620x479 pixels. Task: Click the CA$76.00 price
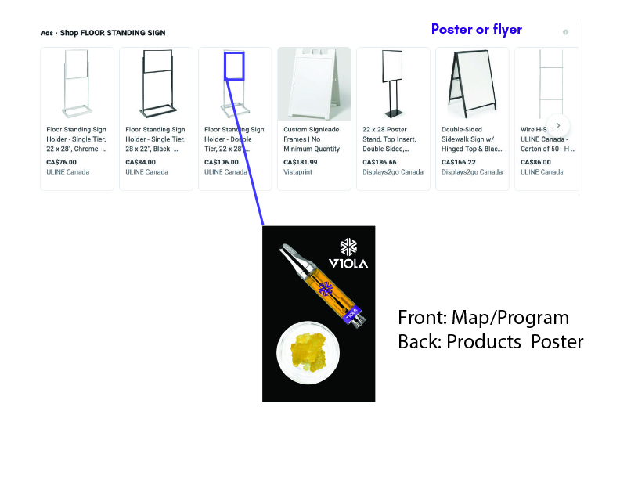(61, 162)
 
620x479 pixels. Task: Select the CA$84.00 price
(140, 162)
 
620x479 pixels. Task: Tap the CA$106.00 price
(222, 162)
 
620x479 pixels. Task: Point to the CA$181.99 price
(301, 162)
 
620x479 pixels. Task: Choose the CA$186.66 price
(380, 162)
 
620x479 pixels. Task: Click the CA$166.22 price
(459, 162)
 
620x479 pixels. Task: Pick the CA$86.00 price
(535, 162)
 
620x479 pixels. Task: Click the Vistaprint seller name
(297, 172)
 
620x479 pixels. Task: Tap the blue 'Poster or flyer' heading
(477, 29)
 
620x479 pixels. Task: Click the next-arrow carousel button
(558, 126)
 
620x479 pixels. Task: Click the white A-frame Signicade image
(315, 84)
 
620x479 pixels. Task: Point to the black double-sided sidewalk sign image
(472, 84)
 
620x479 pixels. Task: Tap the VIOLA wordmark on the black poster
(348, 263)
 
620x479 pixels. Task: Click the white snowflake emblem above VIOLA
(348, 247)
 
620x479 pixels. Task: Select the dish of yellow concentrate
(308, 352)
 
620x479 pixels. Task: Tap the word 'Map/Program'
(510, 318)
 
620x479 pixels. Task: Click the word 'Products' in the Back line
(484, 341)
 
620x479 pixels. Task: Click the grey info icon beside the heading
(565, 32)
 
